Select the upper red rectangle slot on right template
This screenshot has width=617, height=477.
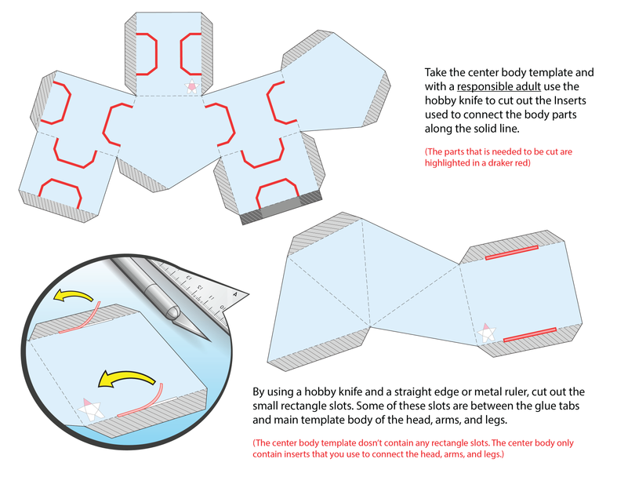pos(511,252)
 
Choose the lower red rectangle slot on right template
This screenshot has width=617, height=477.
pos(529,334)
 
